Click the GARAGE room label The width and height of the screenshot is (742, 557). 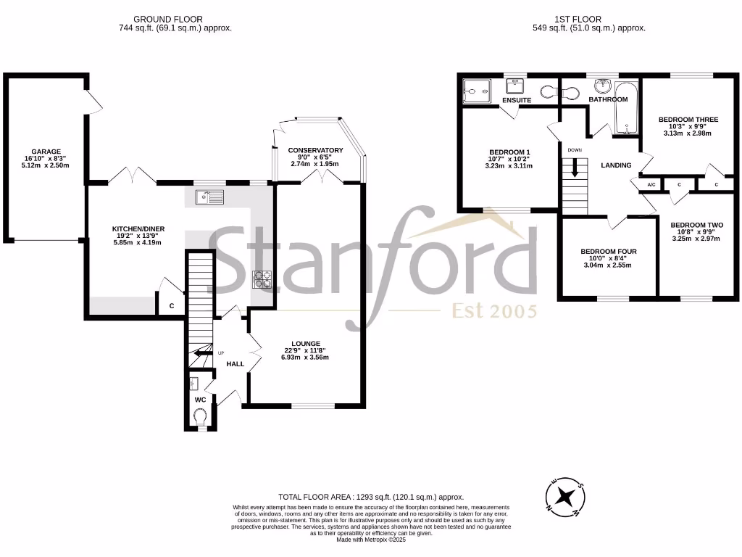[x=46, y=152]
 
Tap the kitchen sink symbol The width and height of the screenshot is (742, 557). [x=210, y=197]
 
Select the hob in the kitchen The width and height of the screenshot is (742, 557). [x=262, y=280]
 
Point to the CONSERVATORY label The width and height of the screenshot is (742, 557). [x=315, y=150]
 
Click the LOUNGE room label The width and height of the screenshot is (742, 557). [x=306, y=343]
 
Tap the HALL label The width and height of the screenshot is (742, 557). [x=235, y=363]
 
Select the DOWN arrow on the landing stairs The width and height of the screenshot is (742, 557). [x=575, y=167]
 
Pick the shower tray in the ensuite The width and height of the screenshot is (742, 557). [x=475, y=91]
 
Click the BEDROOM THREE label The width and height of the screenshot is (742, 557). [x=688, y=119]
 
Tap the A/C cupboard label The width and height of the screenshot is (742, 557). [x=651, y=185]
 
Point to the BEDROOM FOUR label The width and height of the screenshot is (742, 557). [x=608, y=252]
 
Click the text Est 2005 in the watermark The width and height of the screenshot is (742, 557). [x=495, y=311]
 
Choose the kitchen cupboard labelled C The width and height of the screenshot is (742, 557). [x=172, y=306]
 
